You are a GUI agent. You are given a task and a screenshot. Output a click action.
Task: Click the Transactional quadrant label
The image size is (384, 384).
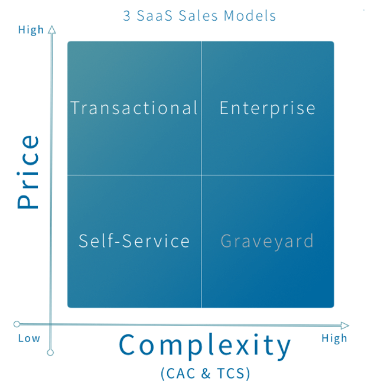tap(134, 108)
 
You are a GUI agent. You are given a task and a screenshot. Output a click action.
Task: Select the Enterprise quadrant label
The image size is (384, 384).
tap(268, 108)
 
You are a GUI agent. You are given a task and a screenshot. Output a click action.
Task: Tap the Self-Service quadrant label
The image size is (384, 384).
tap(134, 240)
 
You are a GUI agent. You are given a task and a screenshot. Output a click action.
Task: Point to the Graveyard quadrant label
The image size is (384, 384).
tap(267, 242)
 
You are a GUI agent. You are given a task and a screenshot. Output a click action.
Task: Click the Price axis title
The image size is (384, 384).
tap(28, 172)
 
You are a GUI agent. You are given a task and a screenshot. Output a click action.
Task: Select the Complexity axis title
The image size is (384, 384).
tap(205, 346)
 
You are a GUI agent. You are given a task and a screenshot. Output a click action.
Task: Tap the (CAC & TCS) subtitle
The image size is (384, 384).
tap(206, 373)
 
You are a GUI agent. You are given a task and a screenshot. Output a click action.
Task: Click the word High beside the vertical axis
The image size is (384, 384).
tap(31, 30)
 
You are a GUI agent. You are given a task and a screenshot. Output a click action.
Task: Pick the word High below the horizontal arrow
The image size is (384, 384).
tap(334, 339)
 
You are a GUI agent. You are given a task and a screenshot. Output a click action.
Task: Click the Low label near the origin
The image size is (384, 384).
tap(29, 339)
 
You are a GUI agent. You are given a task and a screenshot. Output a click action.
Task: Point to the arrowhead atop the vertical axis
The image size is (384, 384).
tap(51, 30)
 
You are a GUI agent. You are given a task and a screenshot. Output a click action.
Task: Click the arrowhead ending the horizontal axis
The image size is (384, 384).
tap(345, 326)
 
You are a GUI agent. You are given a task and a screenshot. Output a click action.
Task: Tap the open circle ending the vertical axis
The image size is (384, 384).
tap(50, 353)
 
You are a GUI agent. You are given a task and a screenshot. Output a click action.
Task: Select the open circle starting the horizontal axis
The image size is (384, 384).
tap(17, 324)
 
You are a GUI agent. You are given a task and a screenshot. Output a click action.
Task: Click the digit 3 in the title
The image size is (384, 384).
tap(126, 16)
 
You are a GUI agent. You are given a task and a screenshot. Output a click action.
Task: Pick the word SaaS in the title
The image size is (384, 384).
tap(155, 16)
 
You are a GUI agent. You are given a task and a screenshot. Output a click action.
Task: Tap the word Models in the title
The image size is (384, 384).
tap(250, 16)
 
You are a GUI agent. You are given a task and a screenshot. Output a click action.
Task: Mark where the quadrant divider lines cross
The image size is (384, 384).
tap(201, 175)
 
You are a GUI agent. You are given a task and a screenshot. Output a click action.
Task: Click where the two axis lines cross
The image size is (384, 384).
tap(51, 324)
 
